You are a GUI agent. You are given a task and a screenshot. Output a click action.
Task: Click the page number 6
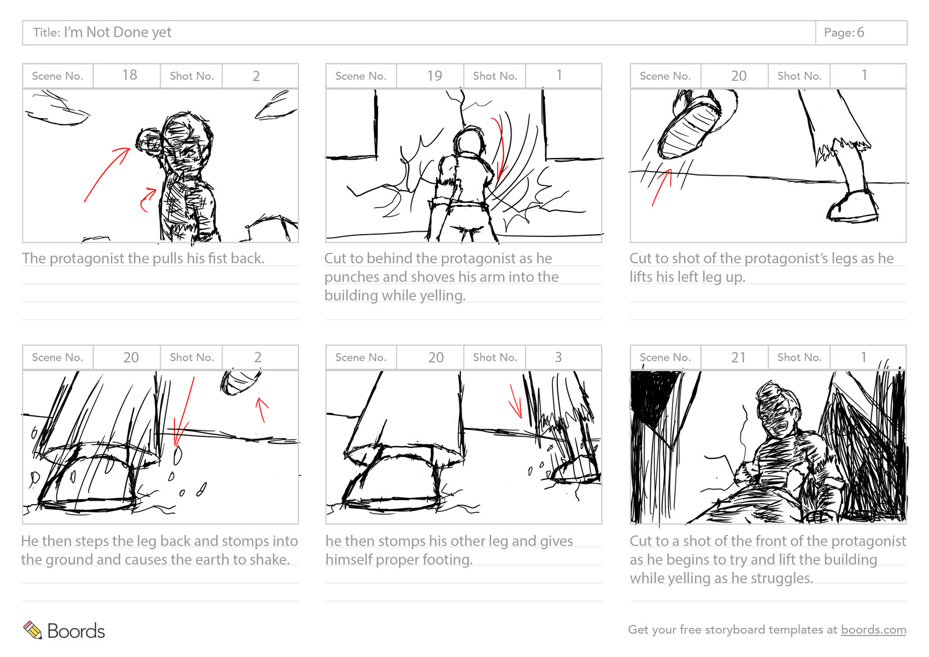860,33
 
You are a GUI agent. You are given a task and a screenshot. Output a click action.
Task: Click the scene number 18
129,76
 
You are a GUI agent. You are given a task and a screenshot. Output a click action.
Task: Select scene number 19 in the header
434,76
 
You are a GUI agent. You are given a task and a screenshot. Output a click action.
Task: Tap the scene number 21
738,358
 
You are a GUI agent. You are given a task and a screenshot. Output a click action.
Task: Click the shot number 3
558,357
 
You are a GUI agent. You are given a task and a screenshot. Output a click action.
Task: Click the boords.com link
873,630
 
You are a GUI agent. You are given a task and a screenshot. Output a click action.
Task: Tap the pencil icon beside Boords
33,630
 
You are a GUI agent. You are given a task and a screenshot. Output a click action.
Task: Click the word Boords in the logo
76,631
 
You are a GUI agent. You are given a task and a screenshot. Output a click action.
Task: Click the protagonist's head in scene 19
468,142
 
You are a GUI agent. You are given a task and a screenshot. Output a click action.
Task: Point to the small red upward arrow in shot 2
262,409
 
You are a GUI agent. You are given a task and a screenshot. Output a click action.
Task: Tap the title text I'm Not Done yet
117,33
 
